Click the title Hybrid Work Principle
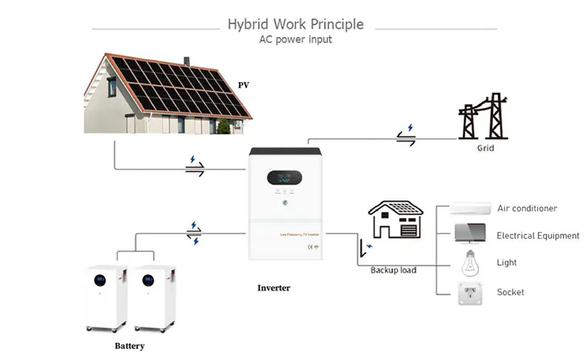point(296,24)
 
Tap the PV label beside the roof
point(243,85)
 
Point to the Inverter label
point(274,288)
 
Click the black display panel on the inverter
point(284,178)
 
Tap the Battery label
point(129,345)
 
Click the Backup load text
point(393,270)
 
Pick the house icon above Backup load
point(396,220)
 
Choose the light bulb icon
point(467,262)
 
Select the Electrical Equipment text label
point(537,236)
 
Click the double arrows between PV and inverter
point(194,169)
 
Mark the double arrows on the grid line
point(406,137)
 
